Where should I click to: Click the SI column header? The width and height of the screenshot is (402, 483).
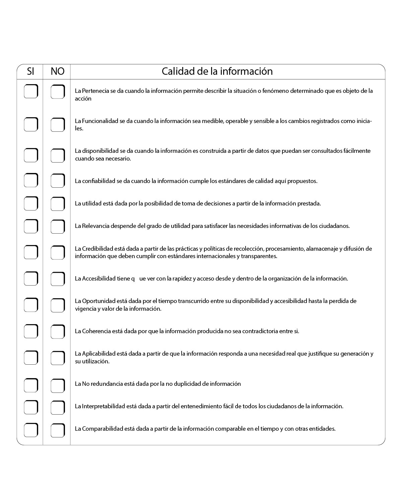click(30, 71)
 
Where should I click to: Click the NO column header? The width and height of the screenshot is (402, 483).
click(57, 71)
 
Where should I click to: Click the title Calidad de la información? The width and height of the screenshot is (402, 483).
click(217, 71)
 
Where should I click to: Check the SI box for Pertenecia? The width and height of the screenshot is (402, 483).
click(31, 91)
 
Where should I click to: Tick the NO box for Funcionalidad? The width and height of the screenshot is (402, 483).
click(58, 125)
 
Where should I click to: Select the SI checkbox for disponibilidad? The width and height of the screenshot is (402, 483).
click(31, 155)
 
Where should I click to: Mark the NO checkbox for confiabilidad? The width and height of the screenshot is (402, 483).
click(58, 181)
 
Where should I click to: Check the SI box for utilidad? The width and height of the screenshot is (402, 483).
click(31, 203)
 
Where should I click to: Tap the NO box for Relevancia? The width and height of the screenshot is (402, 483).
click(58, 226)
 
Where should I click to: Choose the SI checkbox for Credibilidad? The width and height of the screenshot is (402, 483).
click(31, 252)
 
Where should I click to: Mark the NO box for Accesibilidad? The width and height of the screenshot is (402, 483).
click(58, 279)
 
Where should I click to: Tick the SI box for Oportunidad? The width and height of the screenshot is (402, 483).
click(31, 305)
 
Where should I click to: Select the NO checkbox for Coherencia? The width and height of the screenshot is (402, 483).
click(58, 331)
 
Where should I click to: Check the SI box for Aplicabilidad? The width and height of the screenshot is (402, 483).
click(31, 357)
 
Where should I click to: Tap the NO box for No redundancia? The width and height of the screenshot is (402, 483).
click(58, 385)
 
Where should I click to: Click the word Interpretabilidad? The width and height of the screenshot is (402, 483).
click(103, 406)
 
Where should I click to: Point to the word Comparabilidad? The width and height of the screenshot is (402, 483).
click(102, 429)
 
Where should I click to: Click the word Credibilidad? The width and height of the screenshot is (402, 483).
click(97, 249)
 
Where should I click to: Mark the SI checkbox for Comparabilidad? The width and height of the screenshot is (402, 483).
click(31, 430)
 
